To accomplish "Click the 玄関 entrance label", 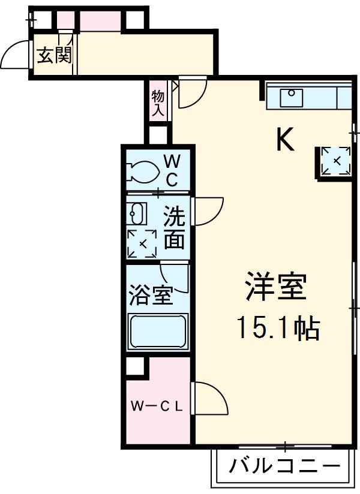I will click(55, 56).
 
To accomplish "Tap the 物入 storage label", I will click(158, 103).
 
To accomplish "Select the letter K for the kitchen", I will click(284, 141).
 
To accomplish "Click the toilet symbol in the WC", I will click(142, 171).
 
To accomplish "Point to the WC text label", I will click(172, 170).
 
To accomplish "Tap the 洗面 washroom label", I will click(175, 227).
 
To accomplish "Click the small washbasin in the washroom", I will click(137, 212).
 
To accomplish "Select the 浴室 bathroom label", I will click(151, 295).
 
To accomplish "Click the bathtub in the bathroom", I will click(158, 331).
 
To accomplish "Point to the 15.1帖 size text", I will click(277, 328).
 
